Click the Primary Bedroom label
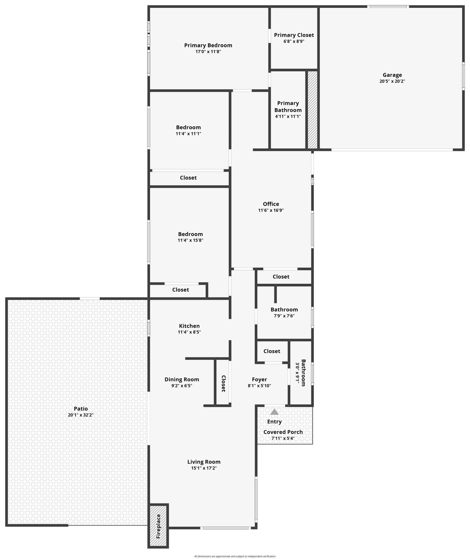click(x=208, y=45)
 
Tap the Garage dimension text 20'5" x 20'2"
click(x=392, y=81)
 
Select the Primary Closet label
click(x=294, y=35)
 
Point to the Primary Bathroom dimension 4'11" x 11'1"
click(x=288, y=116)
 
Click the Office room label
click(x=271, y=204)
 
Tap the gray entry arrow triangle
click(x=274, y=412)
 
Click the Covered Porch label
click(x=283, y=432)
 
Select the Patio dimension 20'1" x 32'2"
click(x=81, y=415)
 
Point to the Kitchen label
click(x=189, y=326)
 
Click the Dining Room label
click(x=182, y=379)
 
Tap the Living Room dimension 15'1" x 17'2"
click(x=204, y=468)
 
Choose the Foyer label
click(x=259, y=379)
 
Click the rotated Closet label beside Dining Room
click(x=223, y=384)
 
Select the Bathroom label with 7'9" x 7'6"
click(x=284, y=309)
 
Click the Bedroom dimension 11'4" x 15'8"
click(x=190, y=240)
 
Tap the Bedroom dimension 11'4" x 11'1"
click(x=188, y=133)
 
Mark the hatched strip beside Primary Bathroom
click(x=313, y=110)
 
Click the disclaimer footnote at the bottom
click(x=235, y=556)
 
